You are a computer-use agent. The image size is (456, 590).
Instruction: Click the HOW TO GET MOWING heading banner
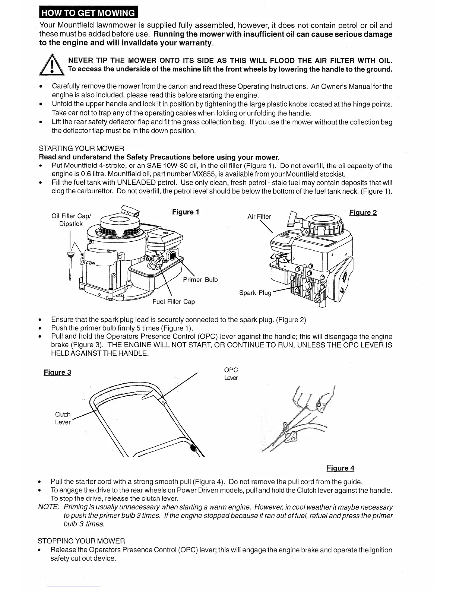coord(88,13)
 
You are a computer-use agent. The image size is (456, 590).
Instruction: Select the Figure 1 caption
coord(186,212)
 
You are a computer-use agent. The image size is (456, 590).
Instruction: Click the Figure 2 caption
coord(362,213)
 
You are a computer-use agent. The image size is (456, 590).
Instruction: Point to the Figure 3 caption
coord(57,372)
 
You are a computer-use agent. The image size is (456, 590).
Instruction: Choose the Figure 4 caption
coord(340,468)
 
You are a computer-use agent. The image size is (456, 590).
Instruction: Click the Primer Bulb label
coord(200,280)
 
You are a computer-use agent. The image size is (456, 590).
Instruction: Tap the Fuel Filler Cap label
coord(173,302)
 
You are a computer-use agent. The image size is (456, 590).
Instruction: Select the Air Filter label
coord(259,216)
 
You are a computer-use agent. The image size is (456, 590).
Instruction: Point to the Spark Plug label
coord(255,293)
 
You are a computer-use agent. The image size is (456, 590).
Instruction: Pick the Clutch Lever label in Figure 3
coord(63,418)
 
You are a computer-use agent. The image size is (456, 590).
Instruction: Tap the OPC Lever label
coord(231,374)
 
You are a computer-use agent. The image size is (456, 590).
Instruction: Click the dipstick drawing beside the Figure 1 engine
coord(70,264)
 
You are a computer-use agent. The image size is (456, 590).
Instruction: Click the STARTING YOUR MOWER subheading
coord(81,149)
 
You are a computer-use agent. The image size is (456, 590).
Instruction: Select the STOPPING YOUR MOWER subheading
coord(81,541)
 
